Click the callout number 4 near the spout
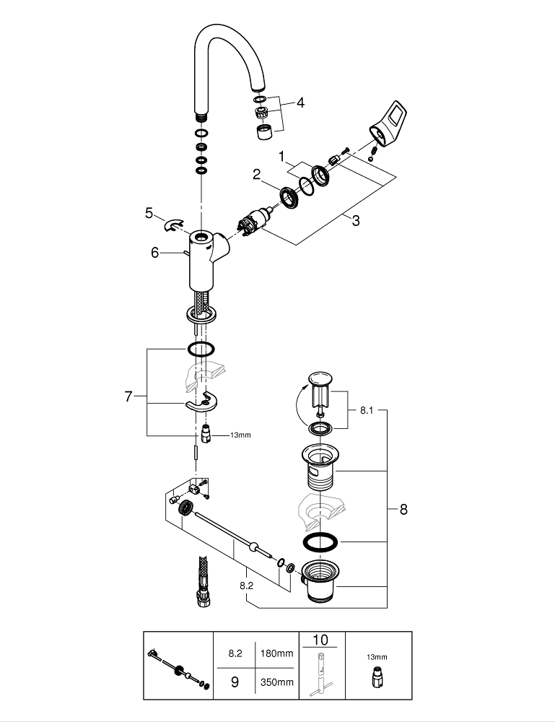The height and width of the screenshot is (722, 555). coord(300,103)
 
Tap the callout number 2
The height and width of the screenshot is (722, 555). coord(256,174)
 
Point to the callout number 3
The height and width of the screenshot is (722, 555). coord(355,221)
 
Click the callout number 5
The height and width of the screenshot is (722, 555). coord(149,213)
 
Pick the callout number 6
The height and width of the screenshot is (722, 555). coord(154,252)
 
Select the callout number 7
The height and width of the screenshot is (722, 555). coord(128,396)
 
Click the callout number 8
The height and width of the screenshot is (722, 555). coord(403,509)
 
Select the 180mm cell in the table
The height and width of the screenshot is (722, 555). coord(277,654)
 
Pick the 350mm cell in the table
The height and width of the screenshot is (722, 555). coord(277,681)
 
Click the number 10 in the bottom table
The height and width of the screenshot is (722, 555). coord(320,640)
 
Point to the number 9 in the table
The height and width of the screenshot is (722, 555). coord(235,681)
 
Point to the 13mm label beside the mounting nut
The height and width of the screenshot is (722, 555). coord(240,435)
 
